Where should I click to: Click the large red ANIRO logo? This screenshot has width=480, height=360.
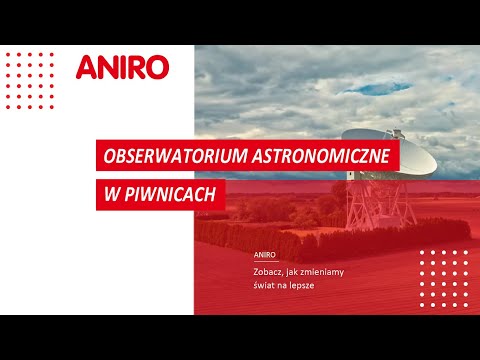click(122, 67)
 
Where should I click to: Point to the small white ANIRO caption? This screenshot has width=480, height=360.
click(265, 254)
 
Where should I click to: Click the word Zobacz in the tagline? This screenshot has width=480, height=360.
click(271, 271)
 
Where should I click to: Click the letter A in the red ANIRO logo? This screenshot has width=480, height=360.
click(87, 67)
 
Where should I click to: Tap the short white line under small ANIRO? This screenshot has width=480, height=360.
click(265, 262)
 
